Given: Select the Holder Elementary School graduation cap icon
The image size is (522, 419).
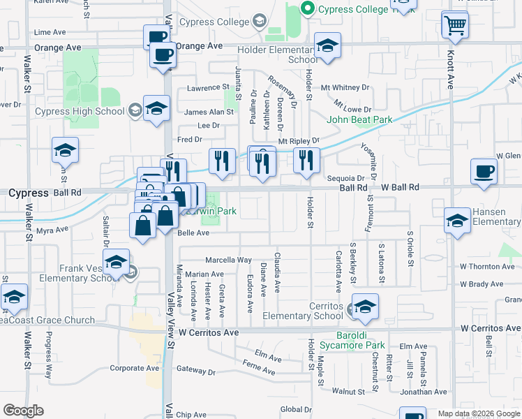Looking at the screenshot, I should [x=327, y=47].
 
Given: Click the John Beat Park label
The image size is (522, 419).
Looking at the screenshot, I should [x=359, y=119].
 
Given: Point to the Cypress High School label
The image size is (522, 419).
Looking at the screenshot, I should [x=81, y=111].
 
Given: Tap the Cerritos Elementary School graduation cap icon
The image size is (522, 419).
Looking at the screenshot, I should [x=364, y=307].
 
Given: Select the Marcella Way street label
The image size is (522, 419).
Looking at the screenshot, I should [x=229, y=260].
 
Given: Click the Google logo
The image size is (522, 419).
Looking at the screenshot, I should [x=23, y=411].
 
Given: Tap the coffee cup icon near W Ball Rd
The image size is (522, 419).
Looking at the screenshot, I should [x=484, y=172].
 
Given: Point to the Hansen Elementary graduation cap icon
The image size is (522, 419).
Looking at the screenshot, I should [x=457, y=221].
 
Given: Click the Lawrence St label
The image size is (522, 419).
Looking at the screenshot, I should [x=208, y=88].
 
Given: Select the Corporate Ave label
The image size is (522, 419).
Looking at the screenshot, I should [x=135, y=368].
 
